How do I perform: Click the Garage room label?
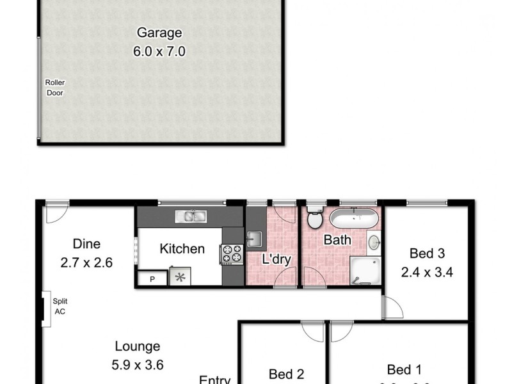point(159,33)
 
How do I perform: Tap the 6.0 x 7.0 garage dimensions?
point(159,52)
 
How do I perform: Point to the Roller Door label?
point(54,87)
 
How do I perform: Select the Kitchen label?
point(182,249)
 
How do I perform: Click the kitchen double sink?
point(190,216)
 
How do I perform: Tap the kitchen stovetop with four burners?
point(232,254)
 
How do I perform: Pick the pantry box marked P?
point(152,278)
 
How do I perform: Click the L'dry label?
point(277,260)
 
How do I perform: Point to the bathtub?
point(353,218)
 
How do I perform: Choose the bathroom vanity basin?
point(374,243)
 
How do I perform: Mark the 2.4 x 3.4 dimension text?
point(427,271)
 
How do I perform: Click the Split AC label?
point(60,307)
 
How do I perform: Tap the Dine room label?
point(86,244)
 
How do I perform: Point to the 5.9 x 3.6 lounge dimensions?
point(137,365)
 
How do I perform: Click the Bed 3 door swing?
point(392,307)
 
